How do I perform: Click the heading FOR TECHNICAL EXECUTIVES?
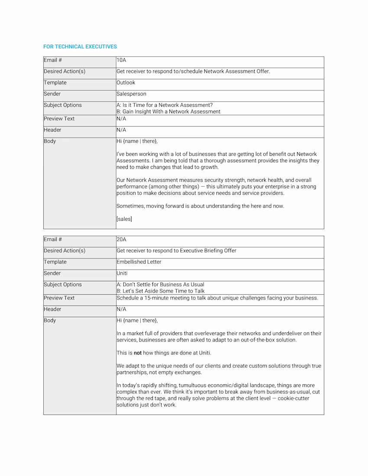click(80, 46)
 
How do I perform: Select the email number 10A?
click(121, 60)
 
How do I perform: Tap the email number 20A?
click(122, 239)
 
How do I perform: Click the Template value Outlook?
click(126, 83)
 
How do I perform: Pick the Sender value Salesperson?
click(132, 94)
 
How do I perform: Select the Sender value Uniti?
click(122, 273)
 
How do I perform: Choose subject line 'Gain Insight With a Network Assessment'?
click(171, 111)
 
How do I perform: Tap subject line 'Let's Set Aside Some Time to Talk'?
click(163, 291)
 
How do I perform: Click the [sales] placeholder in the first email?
click(124, 219)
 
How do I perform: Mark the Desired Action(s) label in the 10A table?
click(65, 71)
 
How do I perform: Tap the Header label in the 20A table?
click(52, 309)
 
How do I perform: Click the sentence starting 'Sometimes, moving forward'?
click(200, 206)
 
